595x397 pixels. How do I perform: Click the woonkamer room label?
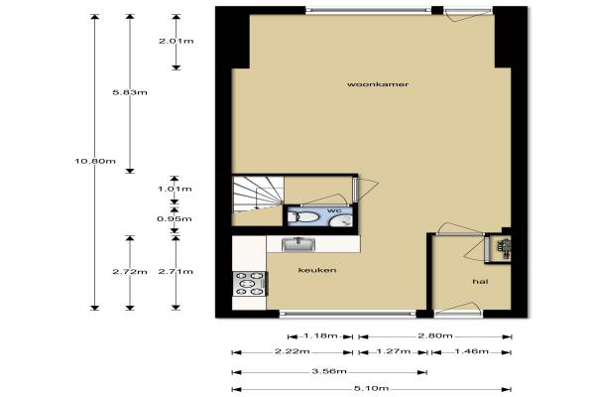[x=378, y=84]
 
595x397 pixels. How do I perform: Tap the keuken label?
[x=317, y=270]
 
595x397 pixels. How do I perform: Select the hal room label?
[x=480, y=282]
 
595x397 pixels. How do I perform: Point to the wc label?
[x=334, y=210]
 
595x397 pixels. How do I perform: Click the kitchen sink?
[x=298, y=244]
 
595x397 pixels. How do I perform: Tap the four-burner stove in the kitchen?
[x=250, y=284]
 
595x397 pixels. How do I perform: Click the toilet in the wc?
[x=303, y=217]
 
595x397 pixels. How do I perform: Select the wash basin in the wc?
[x=340, y=220]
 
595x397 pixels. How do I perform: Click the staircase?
[x=258, y=200]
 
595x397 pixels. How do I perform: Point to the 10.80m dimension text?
[x=95, y=161]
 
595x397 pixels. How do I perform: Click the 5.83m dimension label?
[x=130, y=92]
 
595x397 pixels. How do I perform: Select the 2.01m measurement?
[x=177, y=41]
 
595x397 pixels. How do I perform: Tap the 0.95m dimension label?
[x=175, y=218]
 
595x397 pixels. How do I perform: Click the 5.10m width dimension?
[x=371, y=388]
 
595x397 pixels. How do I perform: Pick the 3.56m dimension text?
[x=329, y=371]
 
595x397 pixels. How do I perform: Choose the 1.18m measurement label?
[x=320, y=335]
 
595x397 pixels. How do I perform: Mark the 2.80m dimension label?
[x=435, y=335]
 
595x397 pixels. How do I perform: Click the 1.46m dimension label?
[x=472, y=351]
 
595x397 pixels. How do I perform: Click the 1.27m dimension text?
[x=394, y=351]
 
